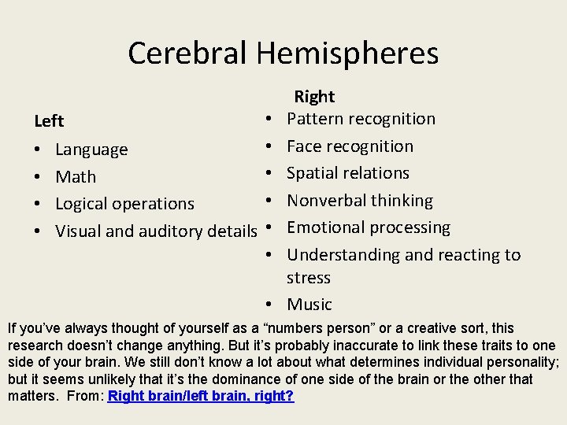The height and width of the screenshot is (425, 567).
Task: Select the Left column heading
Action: pyautogui.click(x=49, y=121)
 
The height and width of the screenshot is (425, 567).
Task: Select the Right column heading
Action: pyautogui.click(x=314, y=97)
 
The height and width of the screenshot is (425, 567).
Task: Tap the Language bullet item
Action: pyautogui.click(x=91, y=150)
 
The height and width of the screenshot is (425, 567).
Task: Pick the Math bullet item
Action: pyautogui.click(x=76, y=176)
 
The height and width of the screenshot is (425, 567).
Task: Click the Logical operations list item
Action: pyautogui.click(x=124, y=203)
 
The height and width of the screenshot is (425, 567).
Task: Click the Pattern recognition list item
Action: pyautogui.click(x=361, y=119)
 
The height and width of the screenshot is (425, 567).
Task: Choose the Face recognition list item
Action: pyautogui.click(x=350, y=146)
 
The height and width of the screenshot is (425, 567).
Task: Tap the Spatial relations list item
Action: pyautogui.click(x=348, y=172)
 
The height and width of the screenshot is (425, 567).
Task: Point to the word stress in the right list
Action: pyautogui.click(x=309, y=278)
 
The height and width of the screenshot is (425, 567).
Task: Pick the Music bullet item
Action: pyautogui.click(x=309, y=305)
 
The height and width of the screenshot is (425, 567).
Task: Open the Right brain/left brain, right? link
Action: pyautogui.click(x=201, y=396)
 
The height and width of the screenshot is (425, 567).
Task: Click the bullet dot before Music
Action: pyautogui.click(x=269, y=305)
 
